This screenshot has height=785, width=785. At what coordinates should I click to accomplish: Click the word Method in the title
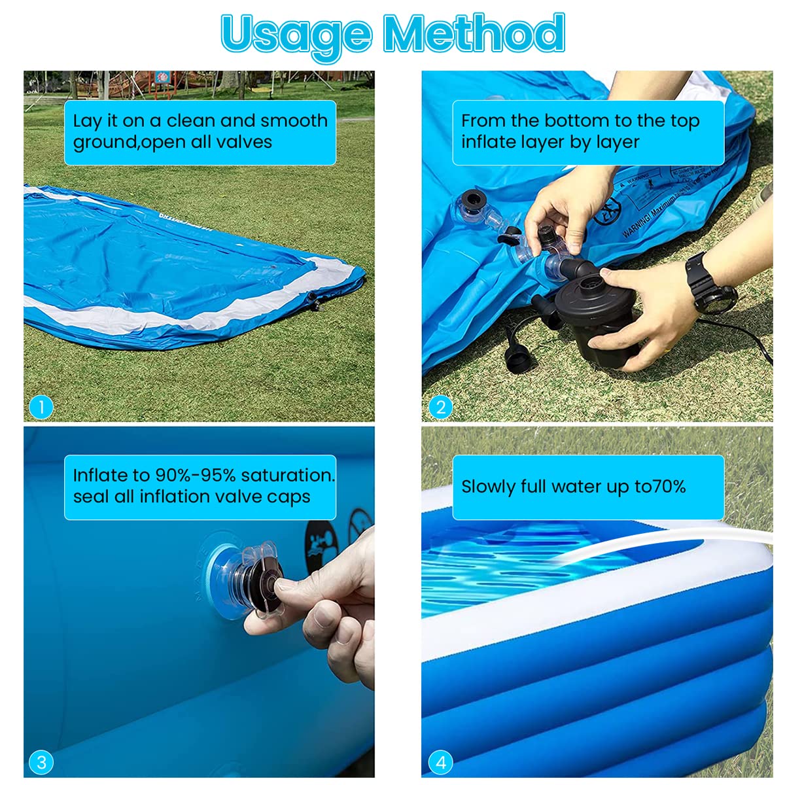(x=474, y=33)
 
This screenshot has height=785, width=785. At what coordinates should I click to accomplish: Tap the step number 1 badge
(x=41, y=408)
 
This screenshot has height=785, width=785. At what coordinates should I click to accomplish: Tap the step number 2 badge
(x=440, y=408)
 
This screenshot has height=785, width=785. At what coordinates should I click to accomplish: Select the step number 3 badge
(x=41, y=762)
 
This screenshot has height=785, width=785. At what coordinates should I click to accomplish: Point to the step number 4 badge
(x=440, y=762)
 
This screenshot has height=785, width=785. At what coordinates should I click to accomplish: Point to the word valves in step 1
(x=243, y=142)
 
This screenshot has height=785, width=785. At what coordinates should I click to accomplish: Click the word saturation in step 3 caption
(x=286, y=476)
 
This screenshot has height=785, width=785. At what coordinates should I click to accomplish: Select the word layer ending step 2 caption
(x=618, y=142)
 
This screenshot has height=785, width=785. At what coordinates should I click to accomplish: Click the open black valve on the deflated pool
(x=472, y=199)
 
